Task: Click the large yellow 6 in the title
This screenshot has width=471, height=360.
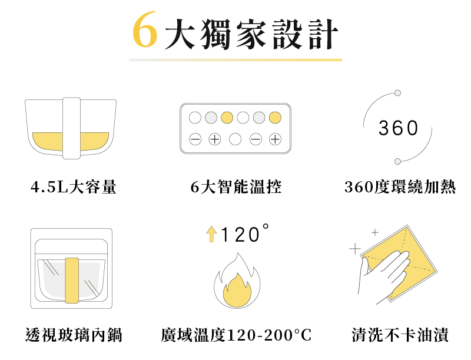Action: point(145,29)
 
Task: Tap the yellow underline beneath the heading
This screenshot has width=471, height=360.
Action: point(235,60)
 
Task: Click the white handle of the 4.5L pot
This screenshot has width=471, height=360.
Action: point(71,128)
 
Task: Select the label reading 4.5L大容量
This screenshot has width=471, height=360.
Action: point(73,186)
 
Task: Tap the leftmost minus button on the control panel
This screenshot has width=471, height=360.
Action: point(195,139)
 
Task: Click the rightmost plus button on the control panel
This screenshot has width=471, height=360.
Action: point(275,139)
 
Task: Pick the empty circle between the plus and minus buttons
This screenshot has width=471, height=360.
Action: point(235,139)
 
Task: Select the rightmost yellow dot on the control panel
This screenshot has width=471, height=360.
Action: point(275,118)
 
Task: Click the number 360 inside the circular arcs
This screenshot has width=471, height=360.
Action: point(398,128)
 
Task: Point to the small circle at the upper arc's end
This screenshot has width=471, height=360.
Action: point(397,93)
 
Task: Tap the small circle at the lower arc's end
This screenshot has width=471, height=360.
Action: point(398,162)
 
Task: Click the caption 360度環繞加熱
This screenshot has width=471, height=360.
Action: point(400,186)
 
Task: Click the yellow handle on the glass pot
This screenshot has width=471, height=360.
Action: point(72,280)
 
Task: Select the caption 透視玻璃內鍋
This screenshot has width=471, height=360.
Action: point(74,335)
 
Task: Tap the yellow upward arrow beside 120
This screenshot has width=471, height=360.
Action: point(211,234)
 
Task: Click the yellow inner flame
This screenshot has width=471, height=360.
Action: point(237,290)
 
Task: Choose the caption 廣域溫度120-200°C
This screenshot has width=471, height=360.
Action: point(236,335)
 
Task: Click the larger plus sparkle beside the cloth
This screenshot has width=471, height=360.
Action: point(355,249)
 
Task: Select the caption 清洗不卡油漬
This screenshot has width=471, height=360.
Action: point(400,335)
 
